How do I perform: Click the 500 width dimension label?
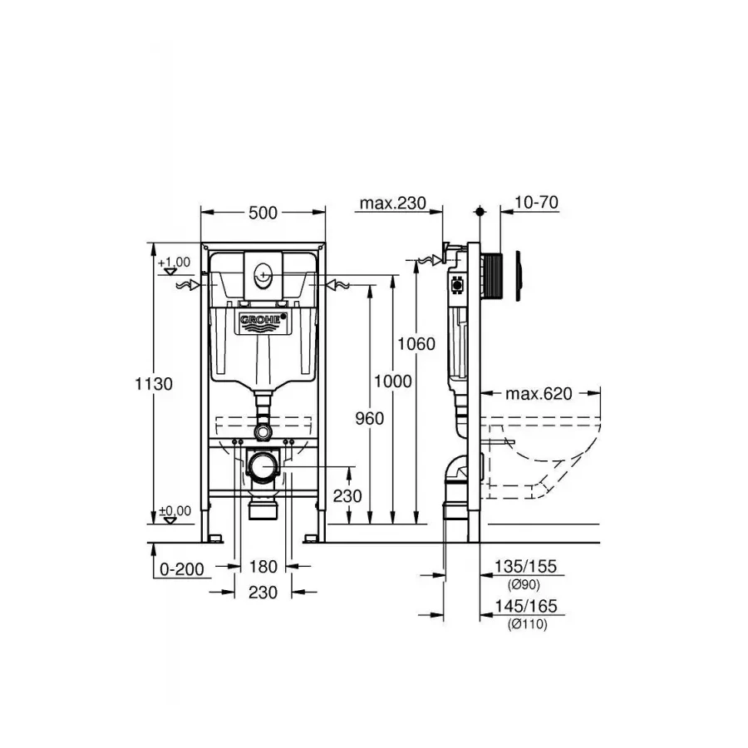[263, 213]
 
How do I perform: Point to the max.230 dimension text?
[392, 204]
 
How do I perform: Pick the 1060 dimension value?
[416, 343]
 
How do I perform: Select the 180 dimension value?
[263, 568]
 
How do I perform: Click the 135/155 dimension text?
[525, 568]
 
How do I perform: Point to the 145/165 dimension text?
[525, 608]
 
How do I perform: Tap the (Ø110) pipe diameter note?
[525, 624]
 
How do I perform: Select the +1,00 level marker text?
[175, 262]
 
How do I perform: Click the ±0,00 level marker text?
[175, 510]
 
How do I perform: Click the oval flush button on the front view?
[263, 273]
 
